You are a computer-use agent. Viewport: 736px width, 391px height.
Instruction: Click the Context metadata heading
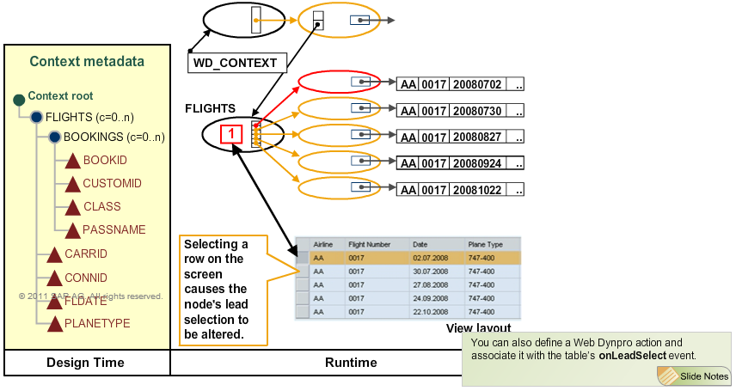click(x=87, y=61)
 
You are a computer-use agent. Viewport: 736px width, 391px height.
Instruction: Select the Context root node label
click(x=60, y=96)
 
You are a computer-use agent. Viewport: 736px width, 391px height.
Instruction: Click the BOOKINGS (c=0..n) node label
click(x=114, y=137)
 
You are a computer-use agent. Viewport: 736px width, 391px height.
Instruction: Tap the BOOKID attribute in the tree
click(x=105, y=161)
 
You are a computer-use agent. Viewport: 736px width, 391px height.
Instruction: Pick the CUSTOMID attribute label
click(x=112, y=184)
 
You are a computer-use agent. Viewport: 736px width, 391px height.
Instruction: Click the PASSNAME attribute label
click(x=114, y=230)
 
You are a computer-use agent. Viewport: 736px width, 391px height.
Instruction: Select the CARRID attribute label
click(x=86, y=254)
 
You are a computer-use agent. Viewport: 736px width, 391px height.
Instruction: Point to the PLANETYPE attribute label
click(x=97, y=323)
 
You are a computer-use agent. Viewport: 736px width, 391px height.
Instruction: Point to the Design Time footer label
click(x=85, y=363)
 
